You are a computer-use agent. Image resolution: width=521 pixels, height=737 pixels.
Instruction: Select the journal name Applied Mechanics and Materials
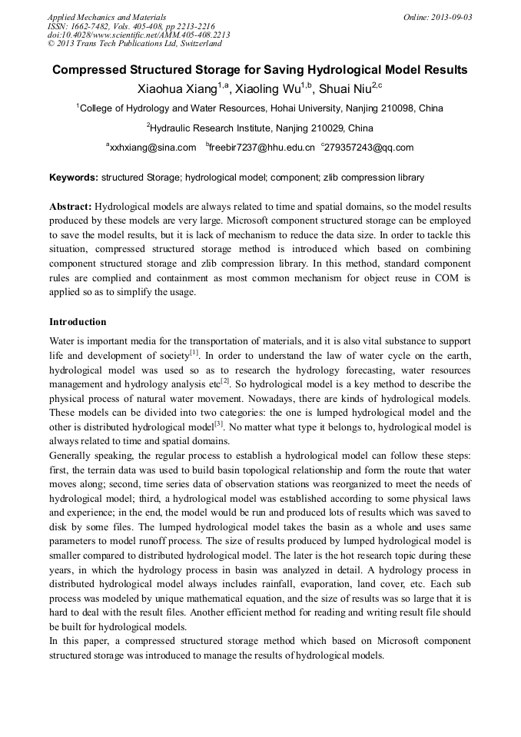click(107, 17)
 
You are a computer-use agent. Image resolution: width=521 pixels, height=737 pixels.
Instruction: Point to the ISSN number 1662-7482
click(89, 26)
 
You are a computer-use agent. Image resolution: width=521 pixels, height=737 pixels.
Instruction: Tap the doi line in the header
click(138, 35)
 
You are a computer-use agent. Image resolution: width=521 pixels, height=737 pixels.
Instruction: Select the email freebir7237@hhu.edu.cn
click(263, 148)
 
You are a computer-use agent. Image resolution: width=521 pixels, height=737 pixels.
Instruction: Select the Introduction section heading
click(78, 321)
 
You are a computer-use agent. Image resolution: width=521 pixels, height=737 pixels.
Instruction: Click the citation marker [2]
click(225, 380)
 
